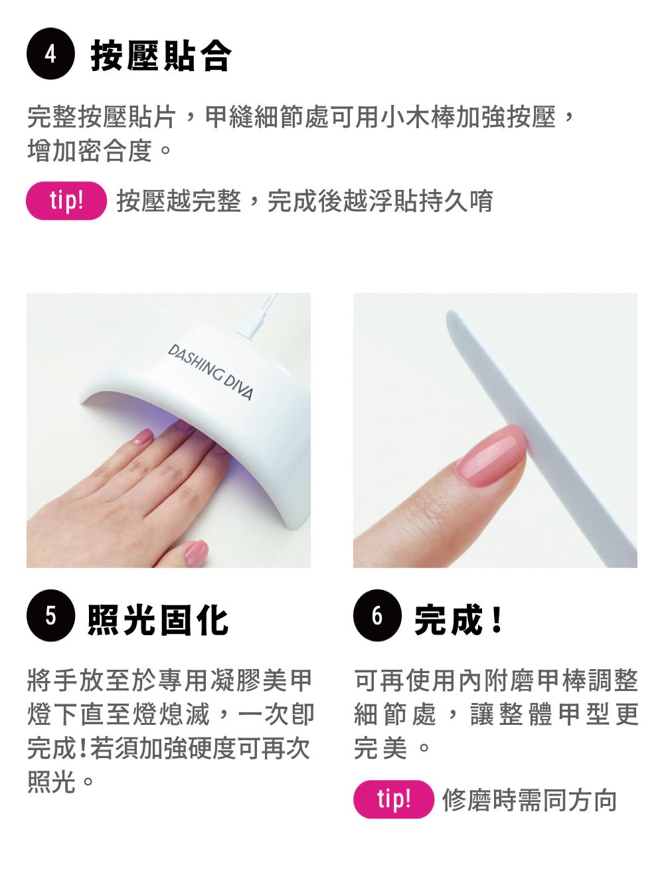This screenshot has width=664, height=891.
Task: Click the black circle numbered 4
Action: click(50, 54)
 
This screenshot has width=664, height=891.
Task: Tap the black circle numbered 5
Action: click(50, 615)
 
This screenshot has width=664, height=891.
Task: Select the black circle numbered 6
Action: click(377, 615)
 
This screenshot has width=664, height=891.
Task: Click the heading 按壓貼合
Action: click(161, 55)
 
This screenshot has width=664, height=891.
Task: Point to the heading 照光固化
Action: click(158, 619)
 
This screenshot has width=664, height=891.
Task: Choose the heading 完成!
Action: click(458, 619)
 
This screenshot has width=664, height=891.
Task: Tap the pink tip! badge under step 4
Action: click(66, 201)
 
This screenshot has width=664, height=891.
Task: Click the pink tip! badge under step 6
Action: click(394, 799)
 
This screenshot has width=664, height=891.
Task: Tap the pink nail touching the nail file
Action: click(491, 455)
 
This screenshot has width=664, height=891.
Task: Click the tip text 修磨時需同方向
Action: click(529, 800)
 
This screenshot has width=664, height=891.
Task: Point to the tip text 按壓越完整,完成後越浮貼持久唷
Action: click(305, 201)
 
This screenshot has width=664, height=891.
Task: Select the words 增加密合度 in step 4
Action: click(90, 151)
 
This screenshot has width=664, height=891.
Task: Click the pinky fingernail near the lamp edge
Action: click(142, 437)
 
